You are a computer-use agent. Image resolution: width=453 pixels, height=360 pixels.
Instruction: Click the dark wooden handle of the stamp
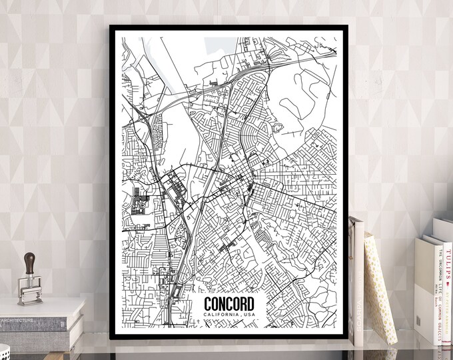(x=29, y=261)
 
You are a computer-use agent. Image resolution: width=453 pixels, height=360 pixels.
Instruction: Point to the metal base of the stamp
(x=29, y=291)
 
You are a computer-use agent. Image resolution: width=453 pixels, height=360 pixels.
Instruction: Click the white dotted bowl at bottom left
(x=5, y=352)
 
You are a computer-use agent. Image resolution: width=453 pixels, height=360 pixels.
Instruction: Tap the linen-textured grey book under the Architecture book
(x=40, y=337)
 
